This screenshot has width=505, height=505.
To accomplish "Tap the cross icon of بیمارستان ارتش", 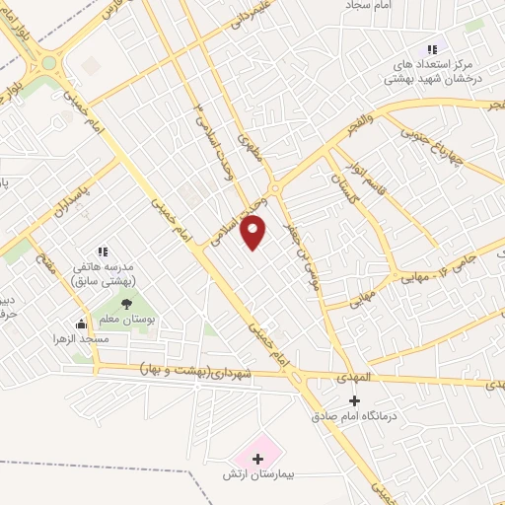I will (258, 459).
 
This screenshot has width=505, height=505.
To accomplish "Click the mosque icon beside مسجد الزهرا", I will (81, 324).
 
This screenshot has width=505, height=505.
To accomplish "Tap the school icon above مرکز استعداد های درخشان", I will (431, 49).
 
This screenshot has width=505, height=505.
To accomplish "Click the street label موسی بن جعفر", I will (300, 235).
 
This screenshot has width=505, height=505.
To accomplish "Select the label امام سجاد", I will (369, 6).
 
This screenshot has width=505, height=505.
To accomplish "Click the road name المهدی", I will (326, 379).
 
